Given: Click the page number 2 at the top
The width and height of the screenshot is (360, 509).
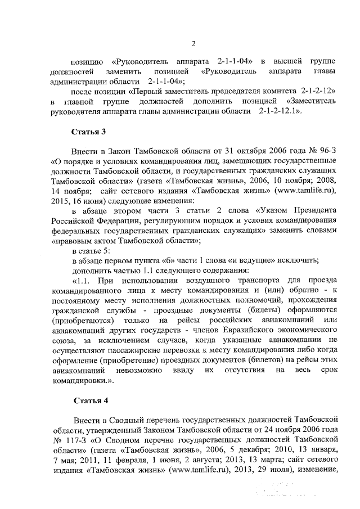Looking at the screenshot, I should (193, 44).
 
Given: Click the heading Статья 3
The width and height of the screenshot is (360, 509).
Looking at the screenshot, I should (89, 132).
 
